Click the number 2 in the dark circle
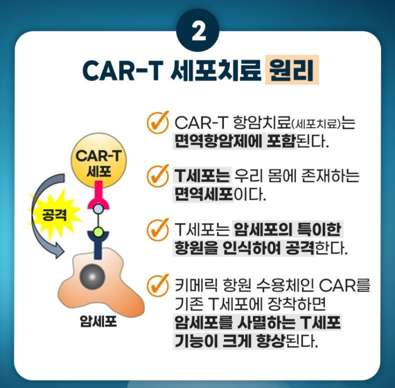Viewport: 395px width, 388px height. pos(197,31)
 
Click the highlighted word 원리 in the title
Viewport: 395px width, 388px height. pos(292,70)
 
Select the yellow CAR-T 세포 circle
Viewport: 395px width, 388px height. pos(98,161)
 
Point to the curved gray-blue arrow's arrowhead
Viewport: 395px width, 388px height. pos(58,251)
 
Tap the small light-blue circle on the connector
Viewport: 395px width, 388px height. pos(98,209)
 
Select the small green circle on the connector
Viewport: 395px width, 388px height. pos(98,232)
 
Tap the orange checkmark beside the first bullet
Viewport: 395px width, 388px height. pos(157,123)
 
